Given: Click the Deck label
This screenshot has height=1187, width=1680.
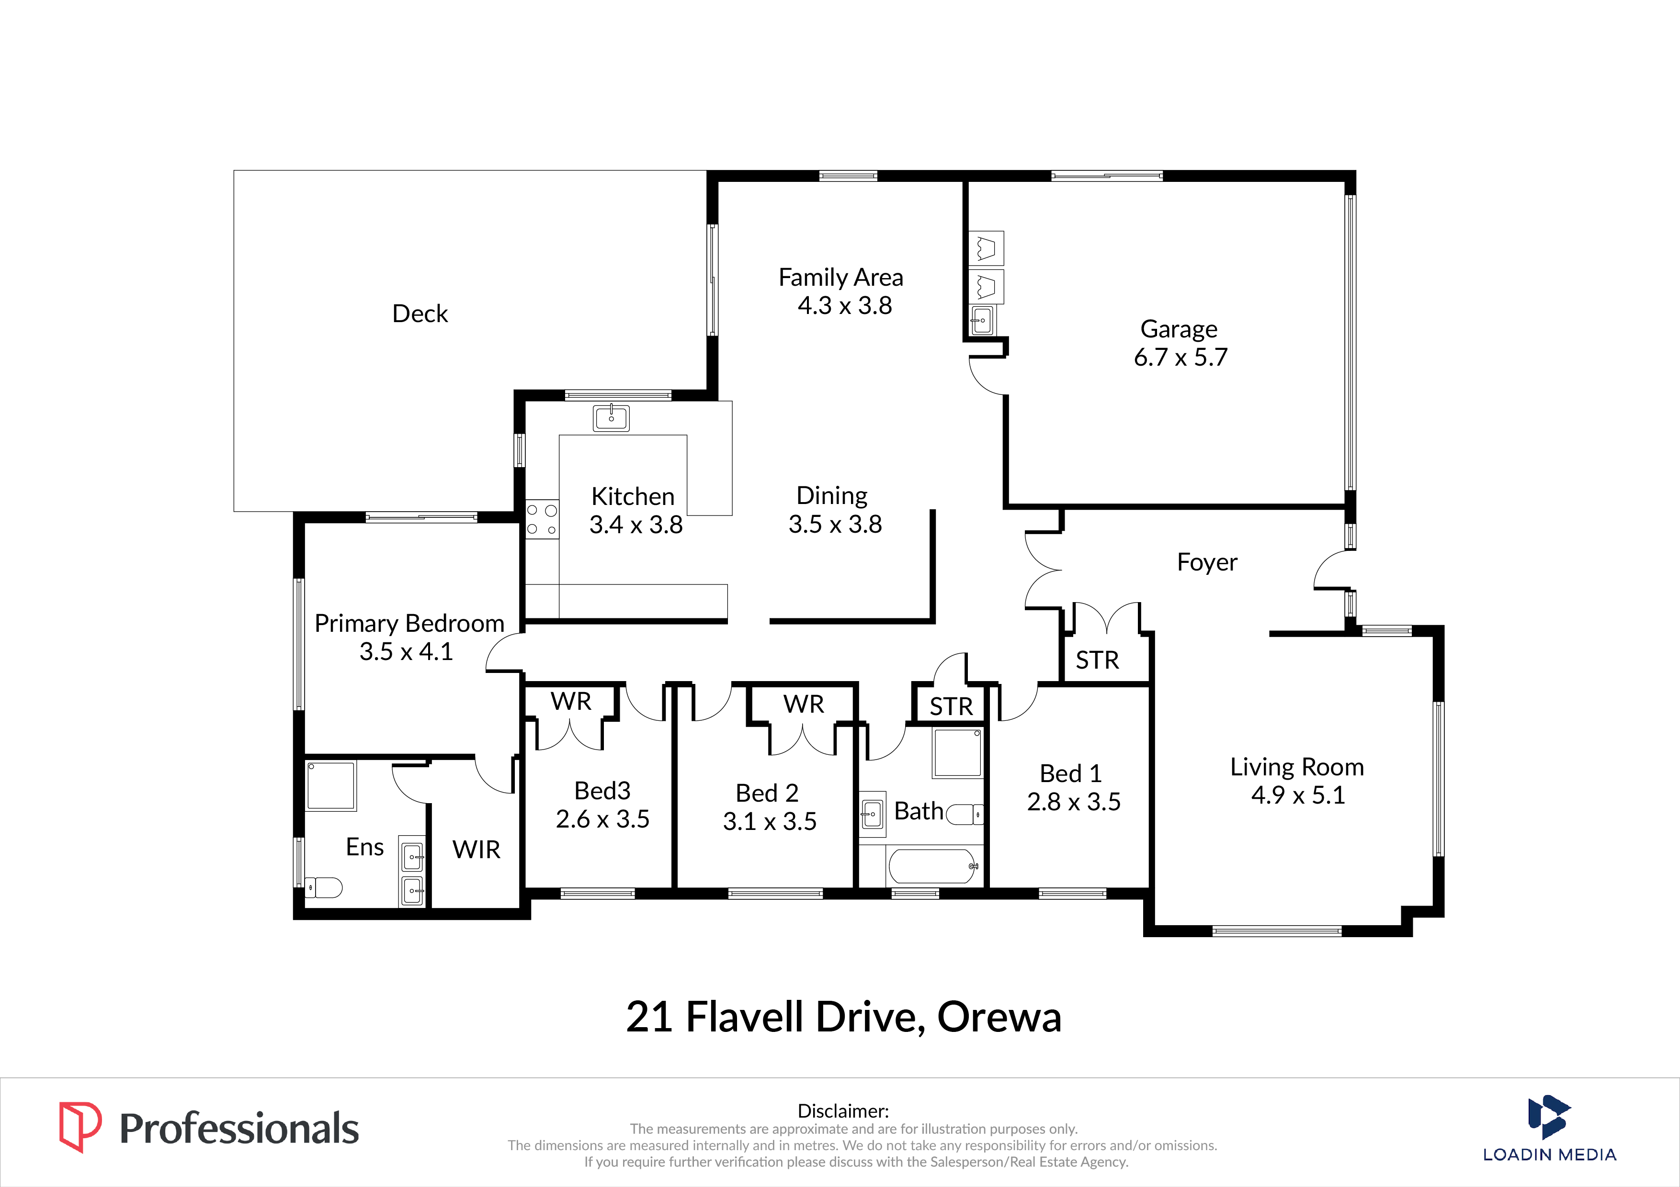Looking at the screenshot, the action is click(x=420, y=314).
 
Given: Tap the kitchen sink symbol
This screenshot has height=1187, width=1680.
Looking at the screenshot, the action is click(x=611, y=418).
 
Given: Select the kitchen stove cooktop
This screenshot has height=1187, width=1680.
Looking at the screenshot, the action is click(x=542, y=519).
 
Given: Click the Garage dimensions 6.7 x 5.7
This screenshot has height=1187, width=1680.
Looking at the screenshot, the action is click(x=1180, y=357).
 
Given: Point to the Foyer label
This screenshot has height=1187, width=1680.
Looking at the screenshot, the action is click(x=1207, y=562).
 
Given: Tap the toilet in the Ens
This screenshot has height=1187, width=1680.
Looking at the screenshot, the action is click(x=323, y=888).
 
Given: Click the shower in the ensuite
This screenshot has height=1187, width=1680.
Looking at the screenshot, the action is click(x=331, y=785).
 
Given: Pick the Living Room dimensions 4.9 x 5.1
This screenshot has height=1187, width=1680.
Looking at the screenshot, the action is click(x=1298, y=795).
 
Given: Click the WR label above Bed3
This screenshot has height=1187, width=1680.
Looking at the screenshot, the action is click(x=571, y=701).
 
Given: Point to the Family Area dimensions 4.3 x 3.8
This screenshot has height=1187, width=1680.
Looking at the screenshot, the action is click(x=844, y=305).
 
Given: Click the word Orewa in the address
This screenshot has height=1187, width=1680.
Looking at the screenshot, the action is click(x=999, y=1017).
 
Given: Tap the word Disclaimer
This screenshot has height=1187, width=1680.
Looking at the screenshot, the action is click(x=843, y=1111).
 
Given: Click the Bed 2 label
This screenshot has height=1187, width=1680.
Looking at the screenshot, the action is click(x=767, y=793).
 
